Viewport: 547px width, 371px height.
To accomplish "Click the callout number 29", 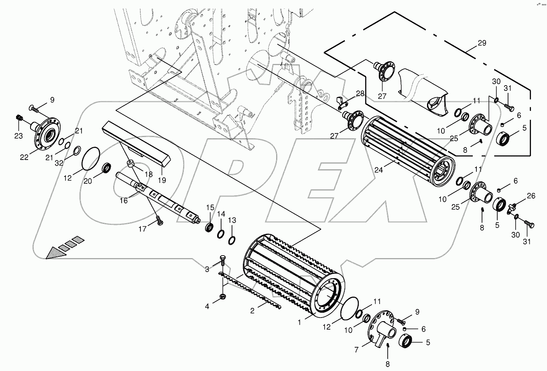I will [482, 43].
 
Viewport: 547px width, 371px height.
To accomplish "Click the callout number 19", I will [162, 180].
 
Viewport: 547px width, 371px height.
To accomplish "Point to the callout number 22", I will [24, 157].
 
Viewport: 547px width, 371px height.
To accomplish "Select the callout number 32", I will [59, 163].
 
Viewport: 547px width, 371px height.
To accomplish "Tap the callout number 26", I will [531, 196].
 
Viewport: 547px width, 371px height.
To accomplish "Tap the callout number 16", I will [124, 200].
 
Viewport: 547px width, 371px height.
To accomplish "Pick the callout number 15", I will [210, 207].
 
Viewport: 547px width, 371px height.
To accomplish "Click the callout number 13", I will [232, 220].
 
